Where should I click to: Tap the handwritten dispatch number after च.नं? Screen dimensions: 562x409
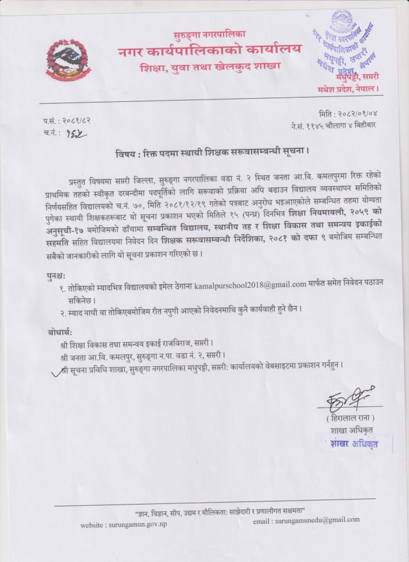tap(77, 132)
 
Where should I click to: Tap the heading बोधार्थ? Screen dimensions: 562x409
tap(60, 331)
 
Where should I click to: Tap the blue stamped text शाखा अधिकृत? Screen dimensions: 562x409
tap(353, 443)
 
